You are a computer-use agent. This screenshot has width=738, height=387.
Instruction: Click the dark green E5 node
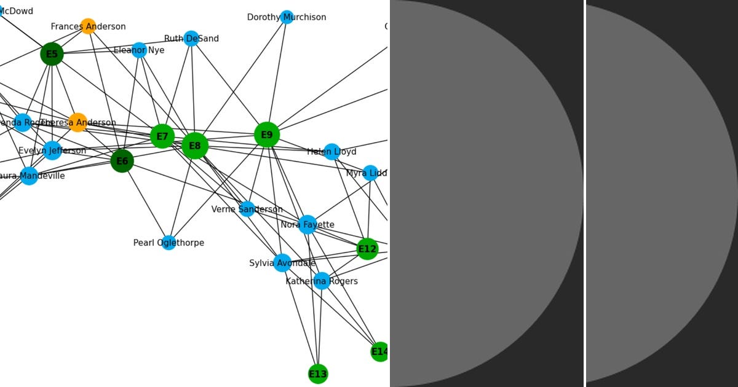pyautogui.click(x=52, y=54)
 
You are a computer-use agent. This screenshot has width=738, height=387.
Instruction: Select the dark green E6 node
pyautogui.click(x=122, y=161)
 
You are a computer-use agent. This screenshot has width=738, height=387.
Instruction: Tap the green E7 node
pyautogui.click(x=162, y=136)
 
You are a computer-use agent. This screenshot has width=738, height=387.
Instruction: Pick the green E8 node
pyautogui.click(x=194, y=146)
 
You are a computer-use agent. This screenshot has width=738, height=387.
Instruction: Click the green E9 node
pyautogui.click(x=266, y=135)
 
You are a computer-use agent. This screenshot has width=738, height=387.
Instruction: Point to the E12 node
pyautogui.click(x=367, y=249)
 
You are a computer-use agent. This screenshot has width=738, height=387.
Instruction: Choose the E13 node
pyautogui.click(x=317, y=373)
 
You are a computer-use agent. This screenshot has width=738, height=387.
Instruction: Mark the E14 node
pyautogui.click(x=380, y=351)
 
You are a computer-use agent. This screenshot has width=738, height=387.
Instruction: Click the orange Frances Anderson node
pyautogui.click(x=88, y=26)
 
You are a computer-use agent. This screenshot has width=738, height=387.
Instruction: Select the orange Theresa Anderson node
pyautogui.click(x=77, y=122)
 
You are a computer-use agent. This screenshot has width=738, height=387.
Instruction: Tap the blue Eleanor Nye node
pyautogui.click(x=139, y=50)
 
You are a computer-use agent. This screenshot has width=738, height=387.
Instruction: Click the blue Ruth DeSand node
pyautogui.click(x=191, y=38)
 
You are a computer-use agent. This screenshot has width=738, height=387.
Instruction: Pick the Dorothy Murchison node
pyautogui.click(x=287, y=17)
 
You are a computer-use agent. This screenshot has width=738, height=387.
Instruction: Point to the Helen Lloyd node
pyautogui.click(x=331, y=151)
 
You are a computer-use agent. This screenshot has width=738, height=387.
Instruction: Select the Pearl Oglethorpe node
pyautogui.click(x=169, y=243)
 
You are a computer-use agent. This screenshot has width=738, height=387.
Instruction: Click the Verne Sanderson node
pyautogui.click(x=247, y=209)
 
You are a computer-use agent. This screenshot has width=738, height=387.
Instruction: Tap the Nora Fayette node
pyautogui.click(x=307, y=224)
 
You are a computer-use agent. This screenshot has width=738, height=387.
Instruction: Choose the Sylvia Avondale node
pyautogui.click(x=282, y=263)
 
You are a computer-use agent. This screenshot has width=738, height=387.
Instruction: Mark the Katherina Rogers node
pyautogui.click(x=322, y=281)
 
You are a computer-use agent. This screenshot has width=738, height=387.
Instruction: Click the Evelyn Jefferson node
pyautogui.click(x=52, y=150)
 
